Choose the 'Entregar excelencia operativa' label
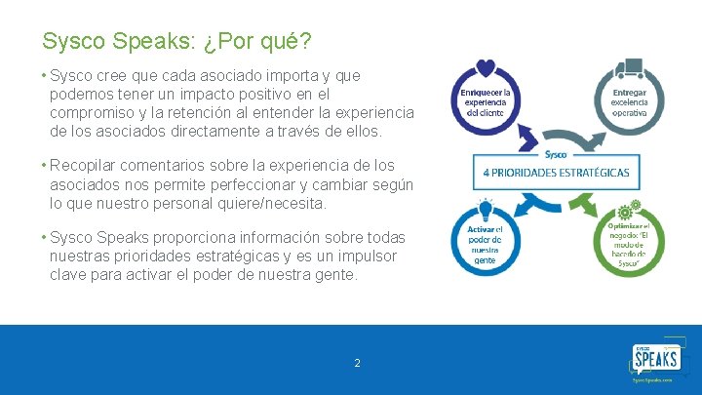pyautogui.click(x=629, y=100)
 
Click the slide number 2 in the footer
pyautogui.click(x=357, y=363)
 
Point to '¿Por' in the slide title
pyautogui.click(x=225, y=42)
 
